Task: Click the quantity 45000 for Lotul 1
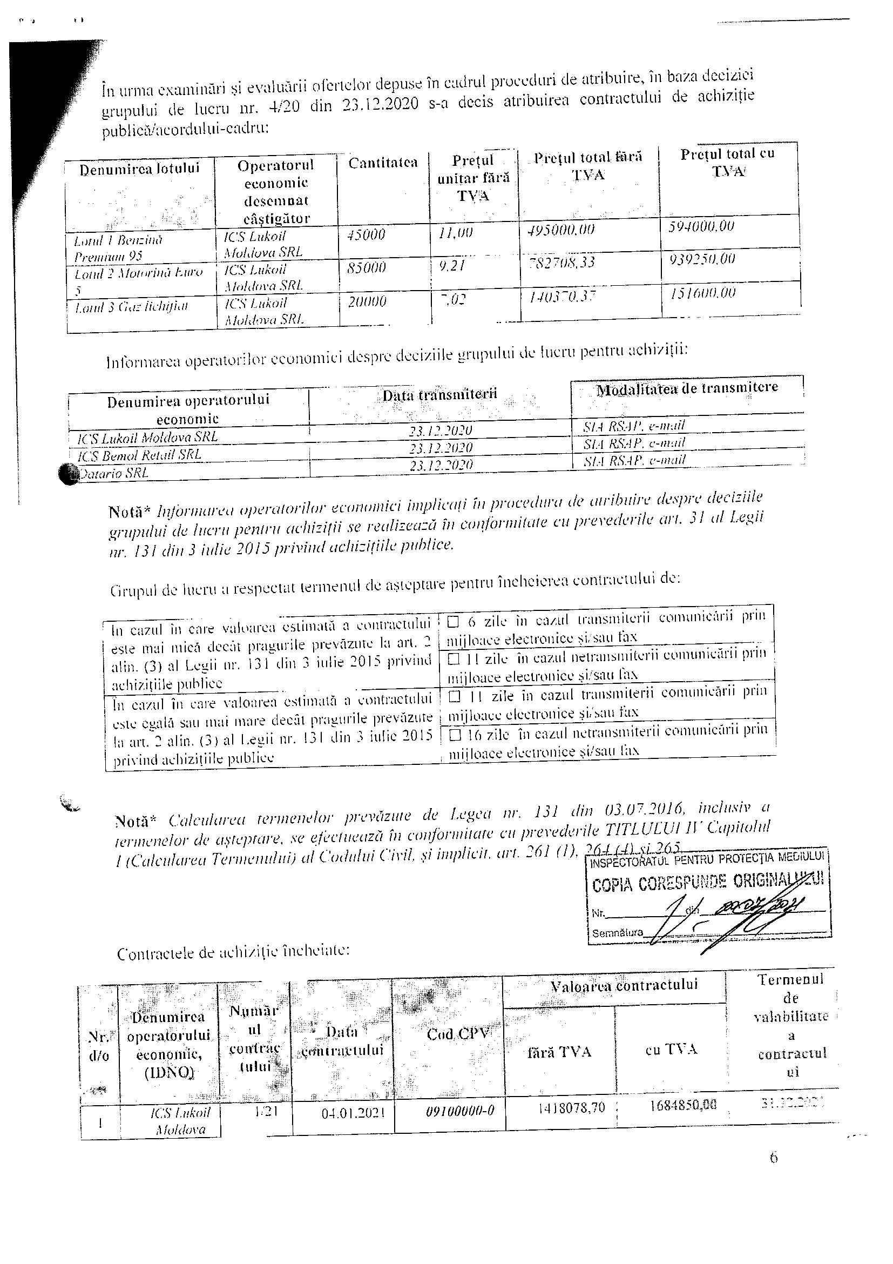tap(367, 234)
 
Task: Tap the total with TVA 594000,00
tap(701, 226)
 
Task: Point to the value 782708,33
tap(561, 261)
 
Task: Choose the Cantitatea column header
tap(383, 163)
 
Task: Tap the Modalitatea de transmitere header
tap(687, 387)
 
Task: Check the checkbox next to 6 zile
tap(454, 622)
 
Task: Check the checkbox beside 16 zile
tap(455, 735)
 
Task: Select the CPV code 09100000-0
tap(460, 1110)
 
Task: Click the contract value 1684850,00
tap(683, 1104)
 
